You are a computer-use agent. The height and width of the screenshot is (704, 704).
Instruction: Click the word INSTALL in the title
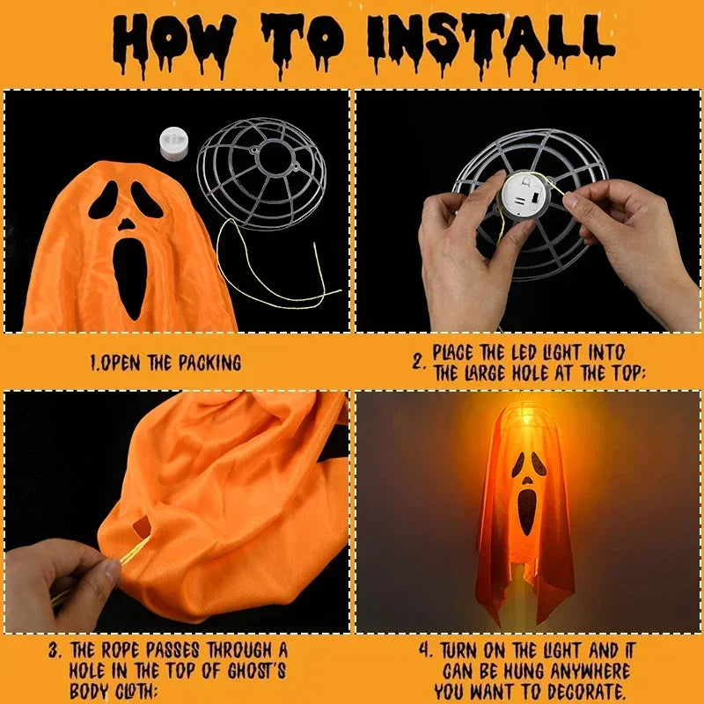click(488, 40)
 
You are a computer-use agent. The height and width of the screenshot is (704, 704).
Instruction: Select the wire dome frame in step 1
click(261, 172)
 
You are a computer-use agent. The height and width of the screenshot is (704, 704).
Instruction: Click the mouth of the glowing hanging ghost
click(527, 511)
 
